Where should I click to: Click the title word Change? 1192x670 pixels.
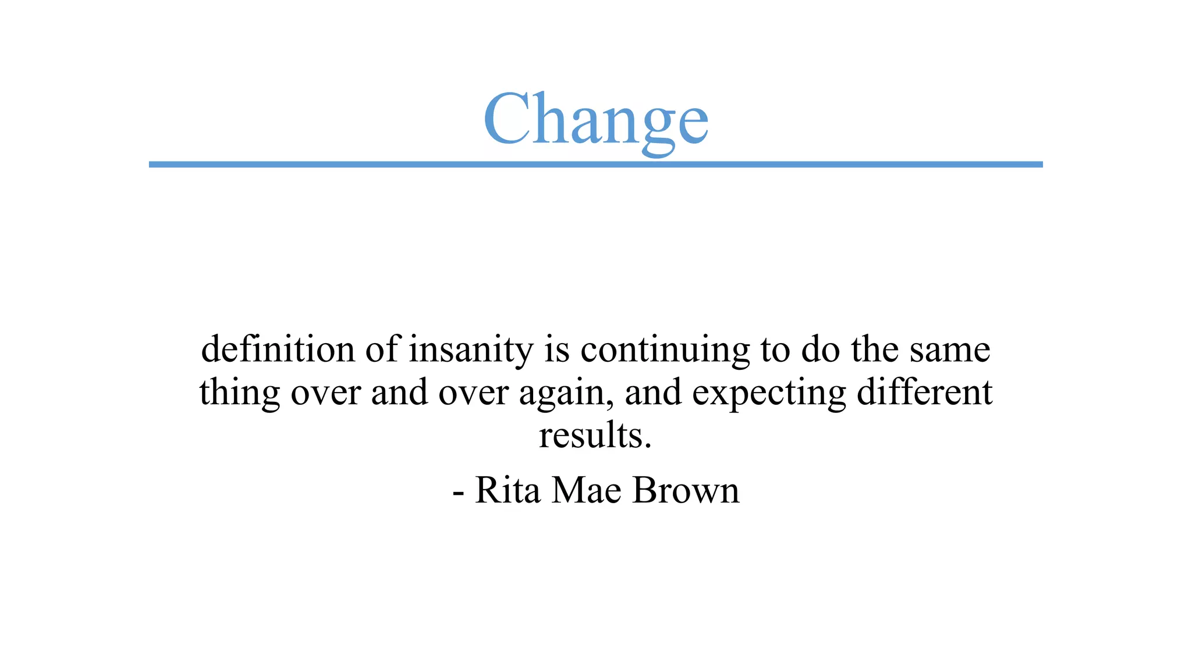(x=595, y=119)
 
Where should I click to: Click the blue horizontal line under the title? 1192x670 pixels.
(x=595, y=165)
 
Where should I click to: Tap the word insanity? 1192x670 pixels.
(x=471, y=350)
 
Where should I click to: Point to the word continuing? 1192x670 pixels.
(x=665, y=350)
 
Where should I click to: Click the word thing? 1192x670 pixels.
(x=239, y=393)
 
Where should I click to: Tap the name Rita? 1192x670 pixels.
(x=508, y=490)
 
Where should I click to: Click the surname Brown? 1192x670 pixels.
(x=686, y=490)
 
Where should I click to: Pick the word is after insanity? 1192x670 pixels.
(x=556, y=350)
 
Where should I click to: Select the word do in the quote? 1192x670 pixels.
(x=820, y=350)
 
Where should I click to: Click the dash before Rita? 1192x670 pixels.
(x=458, y=493)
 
